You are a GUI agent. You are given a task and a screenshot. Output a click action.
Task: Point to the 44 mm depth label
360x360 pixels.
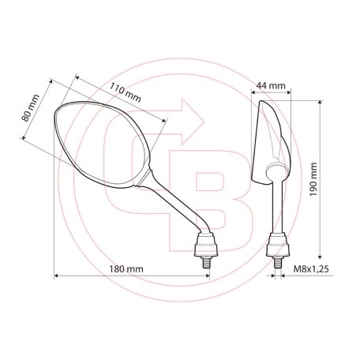[x=272, y=85]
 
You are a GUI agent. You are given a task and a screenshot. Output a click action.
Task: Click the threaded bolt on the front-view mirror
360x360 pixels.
[x=207, y=261]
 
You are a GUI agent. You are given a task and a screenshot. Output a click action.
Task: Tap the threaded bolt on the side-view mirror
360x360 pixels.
[x=277, y=262]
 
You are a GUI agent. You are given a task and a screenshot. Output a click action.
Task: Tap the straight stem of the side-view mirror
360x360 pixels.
[x=277, y=205]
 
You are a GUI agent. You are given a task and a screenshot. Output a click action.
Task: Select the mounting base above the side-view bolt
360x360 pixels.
[x=277, y=245]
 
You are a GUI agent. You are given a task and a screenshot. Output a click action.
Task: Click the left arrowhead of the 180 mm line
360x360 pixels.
[x=58, y=276]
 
